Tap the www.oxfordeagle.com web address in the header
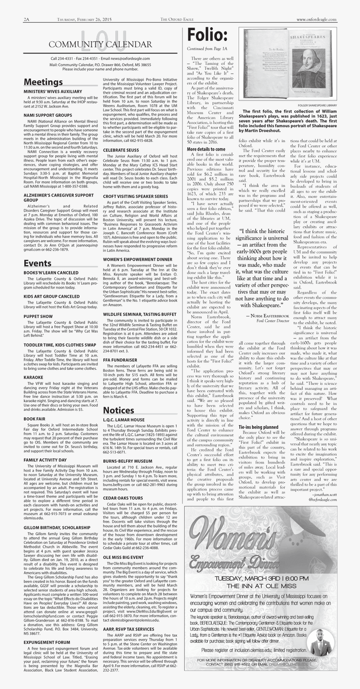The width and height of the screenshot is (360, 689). tap(316, 20)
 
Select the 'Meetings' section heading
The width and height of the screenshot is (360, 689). tap(43, 82)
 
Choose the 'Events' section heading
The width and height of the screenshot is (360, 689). tap(37, 263)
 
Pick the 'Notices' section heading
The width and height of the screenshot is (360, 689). tap(118, 410)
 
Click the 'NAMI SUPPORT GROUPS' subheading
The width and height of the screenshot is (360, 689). tap(48, 115)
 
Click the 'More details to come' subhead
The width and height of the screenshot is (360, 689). tap(206, 149)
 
